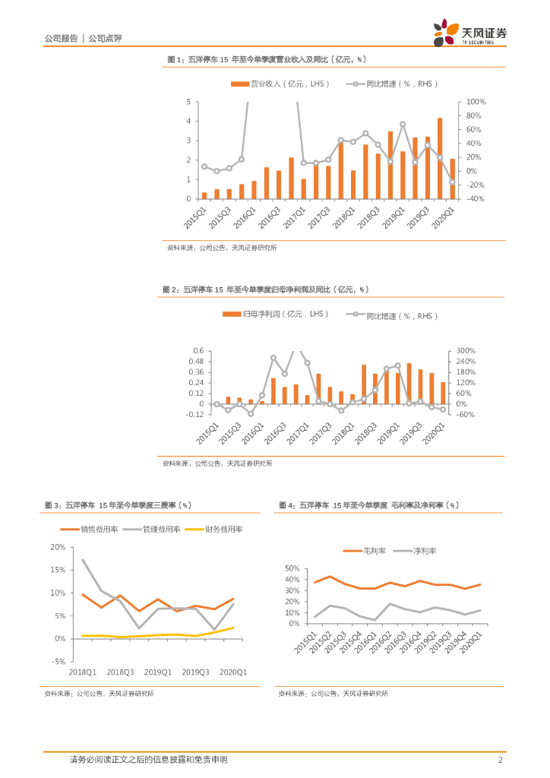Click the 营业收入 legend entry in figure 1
[x=280, y=84]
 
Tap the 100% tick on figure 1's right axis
[x=476, y=102]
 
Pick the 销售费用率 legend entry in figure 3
[x=99, y=529]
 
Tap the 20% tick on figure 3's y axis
[x=58, y=547]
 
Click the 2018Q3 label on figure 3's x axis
[x=120, y=672]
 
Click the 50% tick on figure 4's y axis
[x=292, y=568]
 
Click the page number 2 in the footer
[x=500, y=760]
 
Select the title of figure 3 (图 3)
[x=117, y=504]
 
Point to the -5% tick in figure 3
[x=58, y=662]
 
